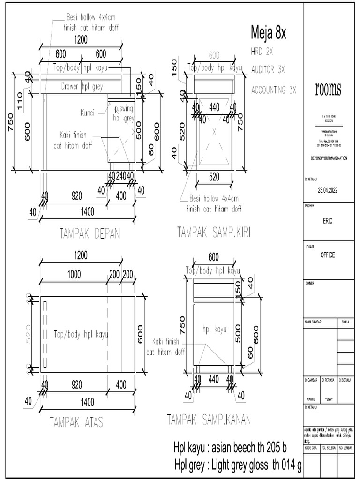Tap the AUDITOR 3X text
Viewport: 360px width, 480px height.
tap(268, 69)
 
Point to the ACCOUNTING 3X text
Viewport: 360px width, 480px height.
tap(274, 90)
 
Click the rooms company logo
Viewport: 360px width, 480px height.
tap(328, 89)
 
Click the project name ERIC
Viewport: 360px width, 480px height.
tap(328, 221)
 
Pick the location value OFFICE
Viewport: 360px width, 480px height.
tap(328, 255)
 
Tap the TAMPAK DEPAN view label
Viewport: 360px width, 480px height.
tap(89, 233)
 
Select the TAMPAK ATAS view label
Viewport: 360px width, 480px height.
tap(76, 422)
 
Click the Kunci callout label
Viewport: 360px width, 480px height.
tap(87, 113)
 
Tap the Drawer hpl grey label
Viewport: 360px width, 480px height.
tap(82, 86)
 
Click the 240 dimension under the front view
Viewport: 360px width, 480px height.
tap(121, 176)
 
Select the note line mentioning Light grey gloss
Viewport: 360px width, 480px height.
tap(237, 465)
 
